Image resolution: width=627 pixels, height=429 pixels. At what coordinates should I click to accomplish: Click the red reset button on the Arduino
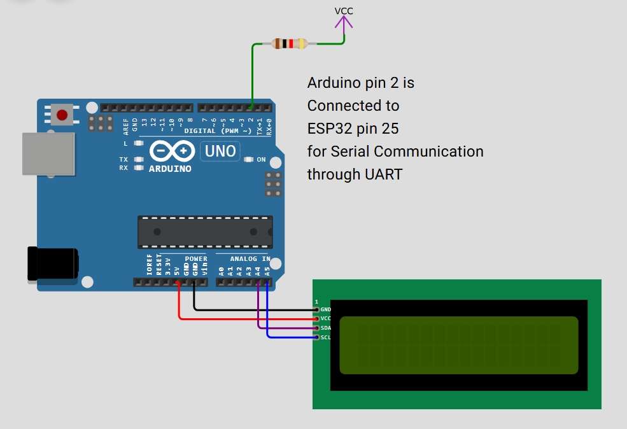62,115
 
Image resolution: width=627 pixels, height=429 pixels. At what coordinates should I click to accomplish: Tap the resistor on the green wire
289,44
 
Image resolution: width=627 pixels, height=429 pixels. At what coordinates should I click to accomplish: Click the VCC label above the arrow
344,11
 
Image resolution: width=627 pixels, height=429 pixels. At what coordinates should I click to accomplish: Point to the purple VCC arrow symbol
344,23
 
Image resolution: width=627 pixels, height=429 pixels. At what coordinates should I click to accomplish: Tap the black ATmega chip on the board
205,232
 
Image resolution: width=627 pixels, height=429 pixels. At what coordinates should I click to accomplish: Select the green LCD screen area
458,345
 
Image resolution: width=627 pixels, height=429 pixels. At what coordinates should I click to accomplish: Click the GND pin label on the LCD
325,309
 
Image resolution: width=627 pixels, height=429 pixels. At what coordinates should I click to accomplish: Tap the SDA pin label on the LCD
325,328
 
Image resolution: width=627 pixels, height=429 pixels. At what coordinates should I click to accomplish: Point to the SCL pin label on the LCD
325,337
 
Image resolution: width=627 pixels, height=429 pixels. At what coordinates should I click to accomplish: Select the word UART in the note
381,174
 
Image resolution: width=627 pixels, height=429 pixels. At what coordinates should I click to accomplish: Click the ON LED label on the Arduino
261,160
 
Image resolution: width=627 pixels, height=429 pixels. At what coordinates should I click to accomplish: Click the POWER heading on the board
196,259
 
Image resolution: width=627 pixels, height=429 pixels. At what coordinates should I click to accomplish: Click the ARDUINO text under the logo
170,169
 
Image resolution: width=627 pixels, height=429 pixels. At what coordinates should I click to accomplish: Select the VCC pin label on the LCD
325,318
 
